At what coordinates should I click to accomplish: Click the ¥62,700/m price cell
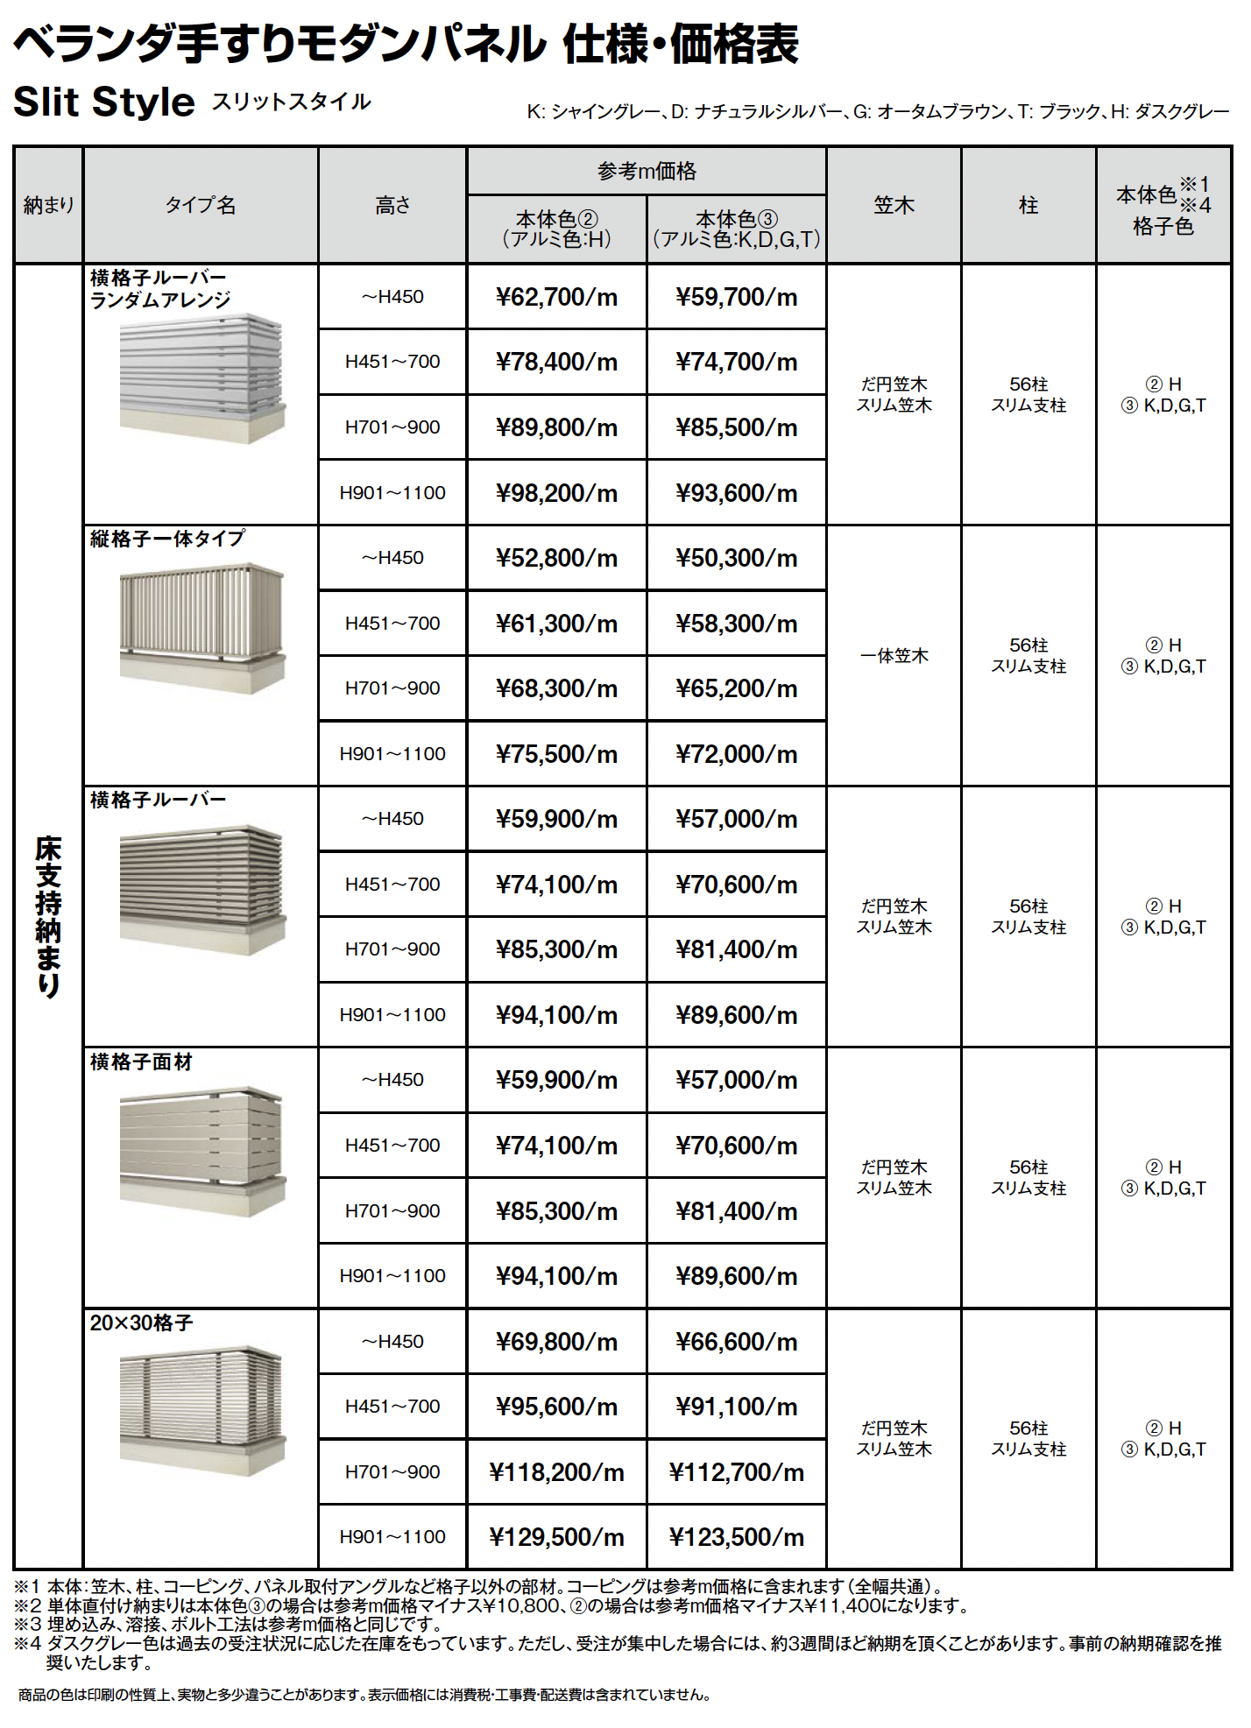coord(556,297)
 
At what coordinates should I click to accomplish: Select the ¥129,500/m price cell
coord(556,1536)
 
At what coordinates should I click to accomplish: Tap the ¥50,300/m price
coord(736,558)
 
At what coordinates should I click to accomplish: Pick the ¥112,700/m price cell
coord(736,1471)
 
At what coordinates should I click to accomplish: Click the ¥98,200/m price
coord(556,493)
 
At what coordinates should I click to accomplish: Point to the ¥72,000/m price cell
coord(736,754)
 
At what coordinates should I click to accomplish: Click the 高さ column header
coord(392,205)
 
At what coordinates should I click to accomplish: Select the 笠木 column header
coord(894,205)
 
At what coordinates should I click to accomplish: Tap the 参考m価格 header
coord(647,171)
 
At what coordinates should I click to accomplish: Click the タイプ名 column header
coord(201,205)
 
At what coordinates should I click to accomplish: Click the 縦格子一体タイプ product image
coord(202,629)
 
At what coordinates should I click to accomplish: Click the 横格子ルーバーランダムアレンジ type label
coord(160,289)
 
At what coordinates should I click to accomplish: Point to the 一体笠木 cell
coord(894,656)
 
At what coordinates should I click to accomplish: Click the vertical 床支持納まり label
coord(48,916)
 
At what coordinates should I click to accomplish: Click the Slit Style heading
coord(104,102)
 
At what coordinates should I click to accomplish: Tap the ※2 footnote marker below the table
coord(27,1605)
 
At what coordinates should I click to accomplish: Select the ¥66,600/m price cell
coord(736,1341)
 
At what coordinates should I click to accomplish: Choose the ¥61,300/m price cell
coord(556,624)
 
